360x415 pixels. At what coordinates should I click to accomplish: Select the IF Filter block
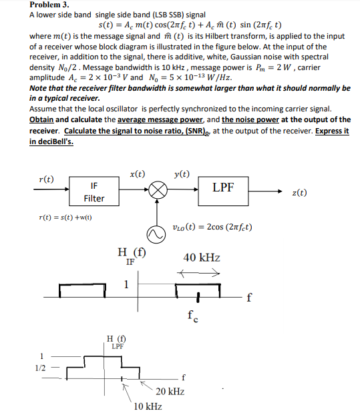point(94,192)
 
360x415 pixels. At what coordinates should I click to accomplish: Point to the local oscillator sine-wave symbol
point(158,234)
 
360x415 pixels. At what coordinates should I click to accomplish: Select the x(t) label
point(138,174)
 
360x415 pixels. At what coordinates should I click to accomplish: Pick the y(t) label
point(181,174)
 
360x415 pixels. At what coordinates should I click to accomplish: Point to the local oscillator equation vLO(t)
point(212,227)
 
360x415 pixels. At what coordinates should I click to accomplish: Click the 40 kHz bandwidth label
point(201,258)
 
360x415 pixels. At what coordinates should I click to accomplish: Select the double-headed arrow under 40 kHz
point(198,272)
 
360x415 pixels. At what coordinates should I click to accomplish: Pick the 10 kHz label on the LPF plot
point(148,406)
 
